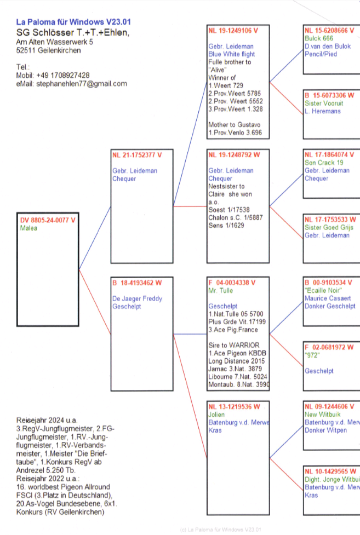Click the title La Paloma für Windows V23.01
pyautogui.click(x=73, y=22)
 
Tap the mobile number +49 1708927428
pyautogui.click(x=64, y=75)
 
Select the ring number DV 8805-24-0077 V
pyautogui.click(x=48, y=220)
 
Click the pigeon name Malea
pyautogui.click(x=28, y=228)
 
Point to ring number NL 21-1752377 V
pyautogui.click(x=137, y=154)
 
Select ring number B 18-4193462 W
pyautogui.click(x=137, y=283)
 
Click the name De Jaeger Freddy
pyautogui.click(x=137, y=299)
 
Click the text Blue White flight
pyautogui.click(x=232, y=55)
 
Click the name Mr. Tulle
pyautogui.click(x=221, y=291)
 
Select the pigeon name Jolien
pyautogui.click(x=217, y=415)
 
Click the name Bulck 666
pyautogui.click(x=319, y=38)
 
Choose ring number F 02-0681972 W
pyautogui.click(x=329, y=347)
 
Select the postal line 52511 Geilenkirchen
pyautogui.click(x=48, y=50)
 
